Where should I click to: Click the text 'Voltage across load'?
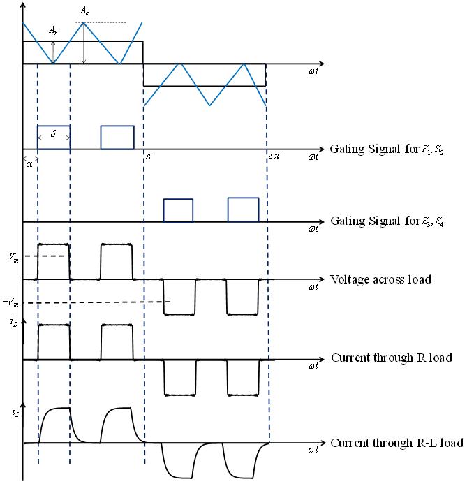tap(380, 279)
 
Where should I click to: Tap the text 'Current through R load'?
tap(392, 358)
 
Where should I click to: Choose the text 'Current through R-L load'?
tap(396, 443)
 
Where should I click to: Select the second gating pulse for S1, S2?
tap(117, 137)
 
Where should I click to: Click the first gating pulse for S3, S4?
tap(178, 210)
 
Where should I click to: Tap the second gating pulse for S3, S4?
tap(242, 210)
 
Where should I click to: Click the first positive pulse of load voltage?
tap(54, 261)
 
